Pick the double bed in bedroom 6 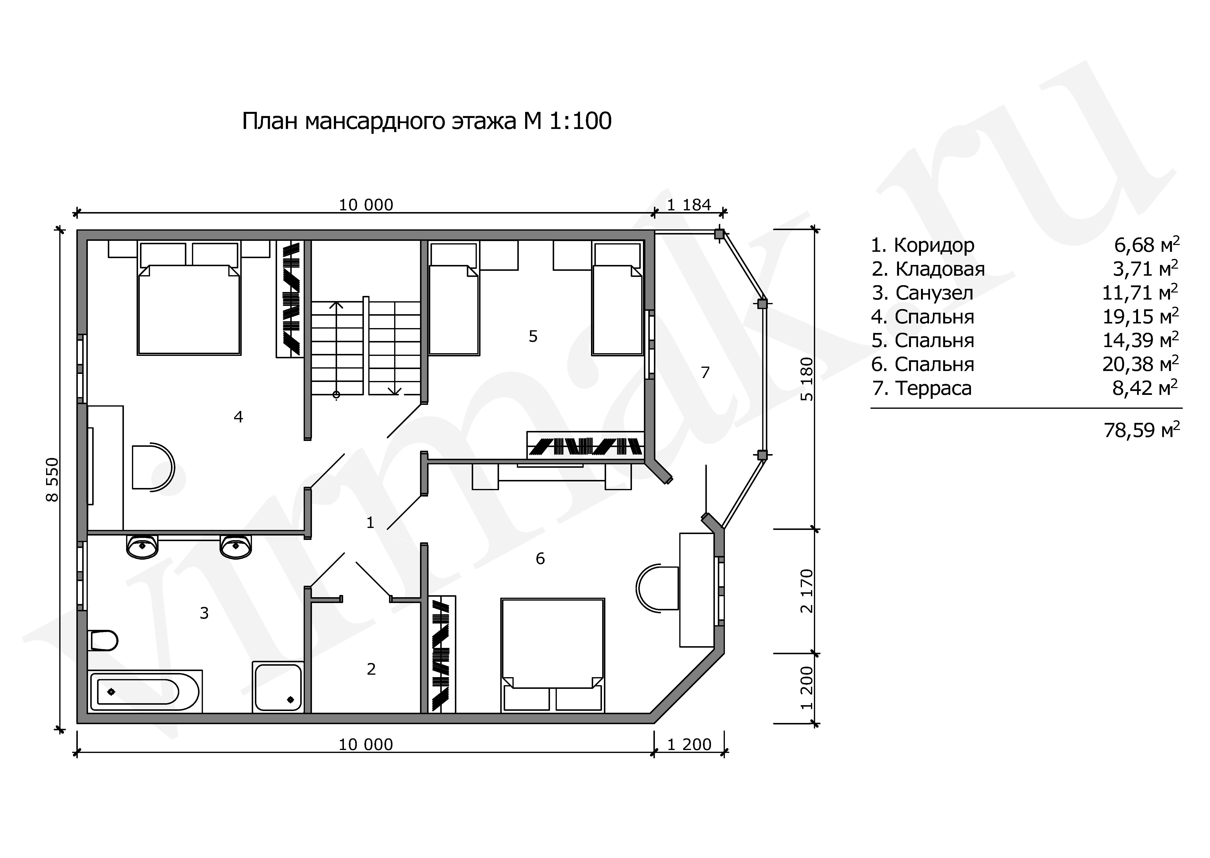coord(552,655)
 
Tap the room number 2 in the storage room coord(371,669)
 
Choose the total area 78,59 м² coord(1141,430)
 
